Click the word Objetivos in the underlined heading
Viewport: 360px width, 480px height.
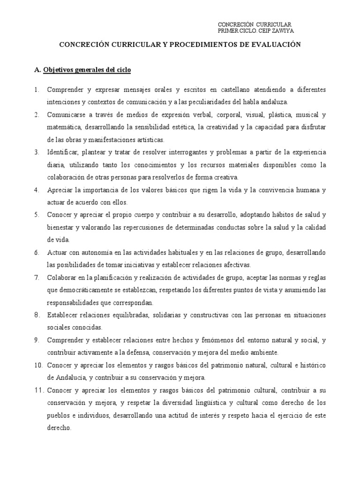[x=60, y=70]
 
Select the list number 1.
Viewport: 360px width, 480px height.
[x=37, y=89]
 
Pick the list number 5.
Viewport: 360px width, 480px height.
[x=37, y=215]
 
